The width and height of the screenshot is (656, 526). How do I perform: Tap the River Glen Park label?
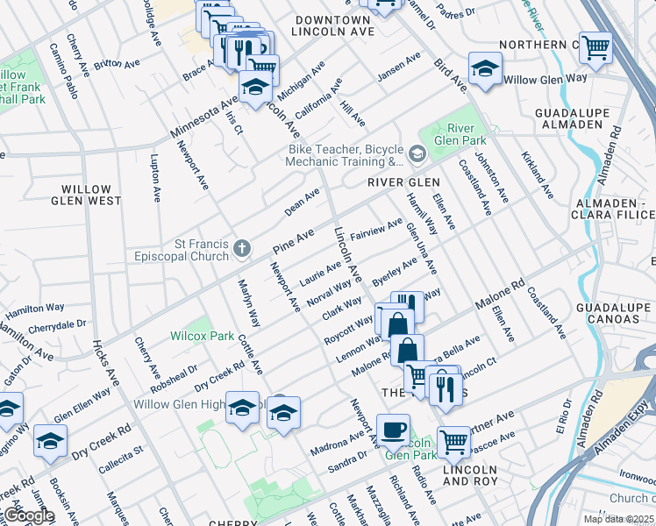coord(460,133)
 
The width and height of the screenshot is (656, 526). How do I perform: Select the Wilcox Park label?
coord(202,336)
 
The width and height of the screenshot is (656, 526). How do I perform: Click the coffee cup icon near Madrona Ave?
coord(393,430)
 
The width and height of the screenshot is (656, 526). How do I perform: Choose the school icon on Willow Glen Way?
coord(484,70)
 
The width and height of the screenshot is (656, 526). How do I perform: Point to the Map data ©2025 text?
coord(618,519)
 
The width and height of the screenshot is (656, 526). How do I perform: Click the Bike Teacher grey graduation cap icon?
coord(417,155)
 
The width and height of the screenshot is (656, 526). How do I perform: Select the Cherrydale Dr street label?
coord(57,323)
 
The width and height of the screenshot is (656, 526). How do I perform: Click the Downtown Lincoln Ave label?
coord(332,25)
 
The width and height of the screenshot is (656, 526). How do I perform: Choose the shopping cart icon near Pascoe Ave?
coord(453,443)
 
